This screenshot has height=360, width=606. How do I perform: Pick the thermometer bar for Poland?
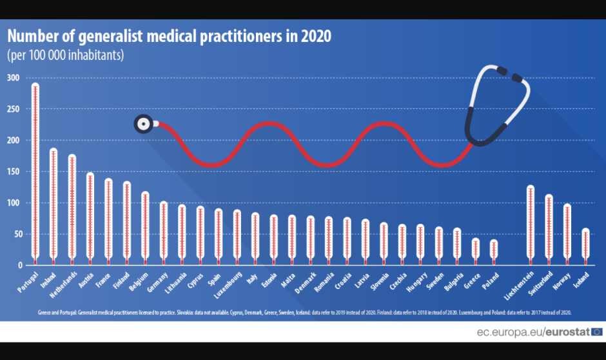[x=494, y=251]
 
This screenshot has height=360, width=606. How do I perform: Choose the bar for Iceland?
[x=585, y=246]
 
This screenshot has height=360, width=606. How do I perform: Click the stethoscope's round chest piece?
[x=144, y=123]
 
